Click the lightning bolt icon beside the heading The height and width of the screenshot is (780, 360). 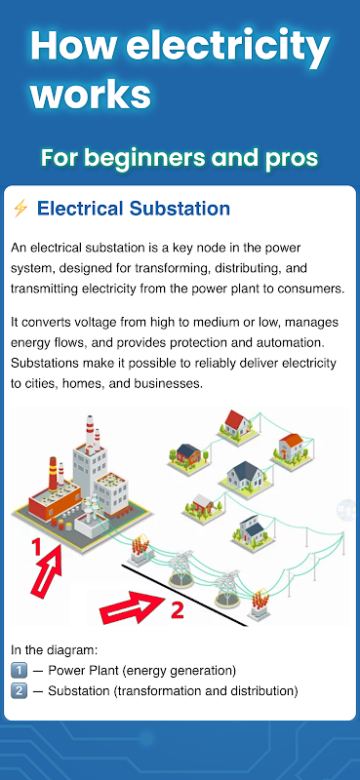point(20,209)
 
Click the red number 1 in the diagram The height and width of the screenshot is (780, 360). point(36,547)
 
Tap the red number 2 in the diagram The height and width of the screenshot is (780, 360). point(177,610)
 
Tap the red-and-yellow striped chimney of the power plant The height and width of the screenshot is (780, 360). point(53,474)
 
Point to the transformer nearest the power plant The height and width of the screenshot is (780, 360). point(140,550)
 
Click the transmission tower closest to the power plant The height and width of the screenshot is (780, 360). point(180,568)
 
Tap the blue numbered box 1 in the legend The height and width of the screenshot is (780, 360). point(19,671)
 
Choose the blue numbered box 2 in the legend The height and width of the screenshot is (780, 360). point(19,691)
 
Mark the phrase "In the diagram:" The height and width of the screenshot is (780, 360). point(54,650)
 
